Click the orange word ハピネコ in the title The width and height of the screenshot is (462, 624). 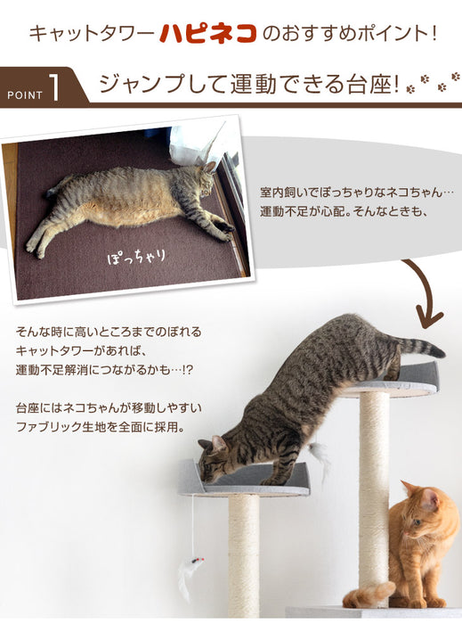point(207,34)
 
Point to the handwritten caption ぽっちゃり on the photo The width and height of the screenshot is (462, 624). point(136,258)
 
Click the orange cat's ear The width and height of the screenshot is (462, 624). point(409,489)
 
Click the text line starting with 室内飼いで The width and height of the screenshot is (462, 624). point(357,193)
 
